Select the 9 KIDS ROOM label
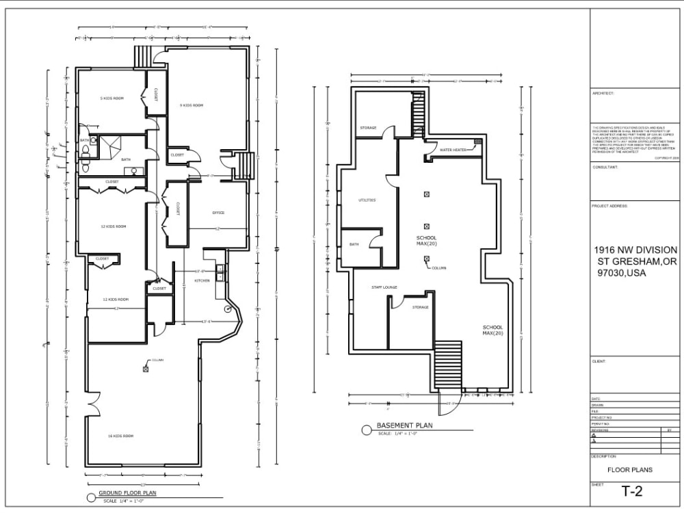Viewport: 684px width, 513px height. pyautogui.click(x=192, y=105)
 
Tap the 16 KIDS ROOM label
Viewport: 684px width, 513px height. pyautogui.click(x=120, y=436)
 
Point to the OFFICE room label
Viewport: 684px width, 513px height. pyautogui.click(x=218, y=213)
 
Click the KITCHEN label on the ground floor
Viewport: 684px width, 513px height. pyautogui.click(x=202, y=280)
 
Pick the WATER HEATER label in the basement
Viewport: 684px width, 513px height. pyautogui.click(x=453, y=149)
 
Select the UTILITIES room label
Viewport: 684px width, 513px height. pyautogui.click(x=367, y=200)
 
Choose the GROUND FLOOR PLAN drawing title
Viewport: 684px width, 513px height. pyautogui.click(x=128, y=492)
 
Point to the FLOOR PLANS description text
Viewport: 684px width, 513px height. pyautogui.click(x=630, y=470)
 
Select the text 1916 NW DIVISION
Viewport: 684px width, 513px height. pyautogui.click(x=635, y=250)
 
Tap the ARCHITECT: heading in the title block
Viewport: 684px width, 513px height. pyautogui.click(x=603, y=93)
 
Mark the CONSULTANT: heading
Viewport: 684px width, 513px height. pyautogui.click(x=605, y=166)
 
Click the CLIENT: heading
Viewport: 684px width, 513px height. pyautogui.click(x=598, y=361)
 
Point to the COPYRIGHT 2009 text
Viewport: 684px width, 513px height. pyautogui.click(x=666, y=157)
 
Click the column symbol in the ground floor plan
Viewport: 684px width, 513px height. pyautogui.click(x=146, y=369)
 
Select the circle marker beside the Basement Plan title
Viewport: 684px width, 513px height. pyautogui.click(x=367, y=430)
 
